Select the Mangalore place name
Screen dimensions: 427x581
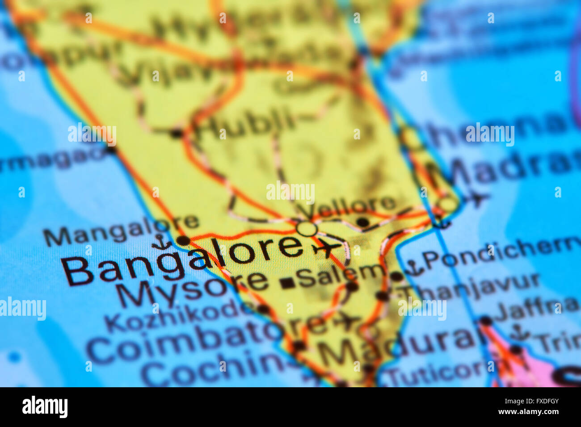122,231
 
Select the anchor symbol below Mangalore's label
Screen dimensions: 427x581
160,243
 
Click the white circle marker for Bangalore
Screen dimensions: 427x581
307,229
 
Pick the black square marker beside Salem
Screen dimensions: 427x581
286,282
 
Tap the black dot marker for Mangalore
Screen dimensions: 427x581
183,241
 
